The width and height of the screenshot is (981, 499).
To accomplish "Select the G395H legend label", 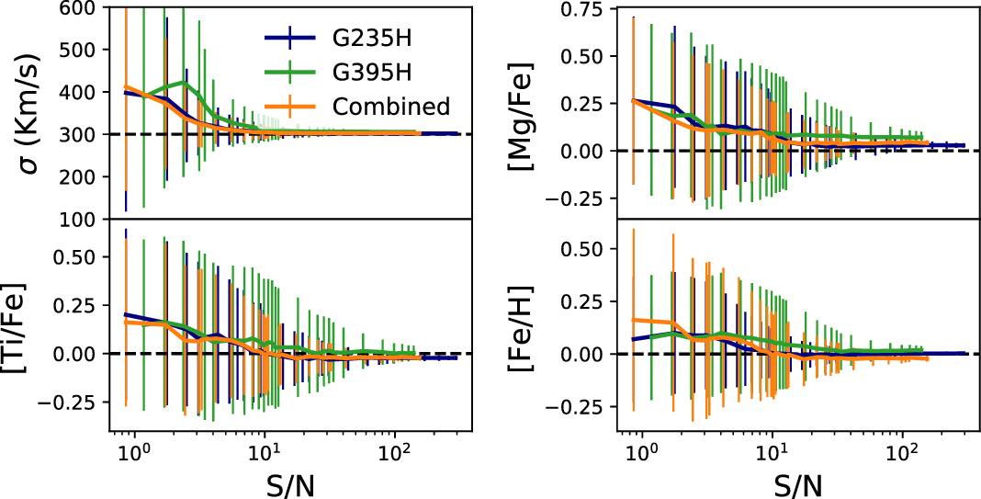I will pyautogui.click(x=371, y=73).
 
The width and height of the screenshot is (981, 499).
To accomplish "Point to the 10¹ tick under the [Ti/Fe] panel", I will pyautogui.click(x=265, y=451).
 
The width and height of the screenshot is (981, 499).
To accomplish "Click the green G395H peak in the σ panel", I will pyautogui.click(x=186, y=83).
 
